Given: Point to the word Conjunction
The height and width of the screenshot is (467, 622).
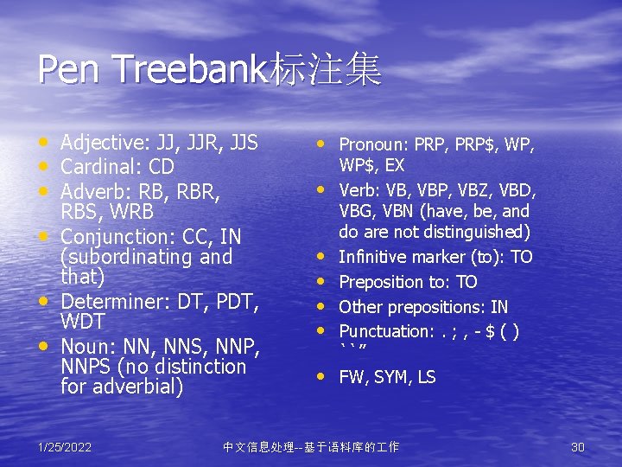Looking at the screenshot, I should pyautogui.click(x=113, y=236).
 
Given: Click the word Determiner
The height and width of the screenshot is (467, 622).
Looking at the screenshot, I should pyautogui.click(x=110, y=301).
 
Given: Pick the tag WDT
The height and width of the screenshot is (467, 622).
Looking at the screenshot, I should pyautogui.click(x=83, y=323).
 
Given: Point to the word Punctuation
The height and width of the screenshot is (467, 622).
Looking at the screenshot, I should pyautogui.click(x=383, y=331).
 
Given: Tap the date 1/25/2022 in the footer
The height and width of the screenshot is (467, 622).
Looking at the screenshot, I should pyautogui.click(x=66, y=447).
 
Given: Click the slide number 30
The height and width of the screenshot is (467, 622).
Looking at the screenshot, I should pyautogui.click(x=578, y=447).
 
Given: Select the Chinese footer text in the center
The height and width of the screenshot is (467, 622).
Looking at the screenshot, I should pyautogui.click(x=311, y=447).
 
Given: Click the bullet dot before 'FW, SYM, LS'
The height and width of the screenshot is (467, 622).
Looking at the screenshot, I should pyautogui.click(x=322, y=376).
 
